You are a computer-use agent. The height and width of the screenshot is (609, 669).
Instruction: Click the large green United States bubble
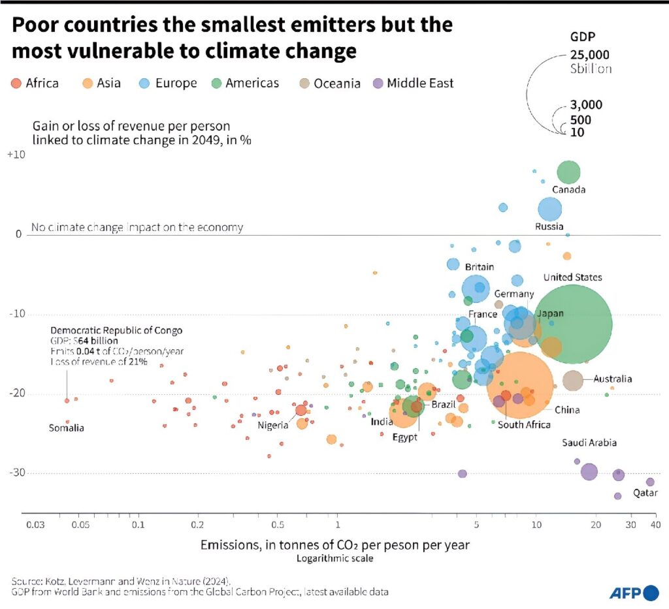tap(572, 324)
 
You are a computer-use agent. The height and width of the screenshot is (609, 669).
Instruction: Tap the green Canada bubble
tap(568, 172)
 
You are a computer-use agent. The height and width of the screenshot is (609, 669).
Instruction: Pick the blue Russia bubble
tap(550, 210)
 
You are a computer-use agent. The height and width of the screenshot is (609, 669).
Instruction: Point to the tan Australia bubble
tap(573, 380)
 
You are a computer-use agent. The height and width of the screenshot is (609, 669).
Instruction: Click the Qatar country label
tap(645, 493)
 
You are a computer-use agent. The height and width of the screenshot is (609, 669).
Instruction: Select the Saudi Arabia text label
tap(589, 443)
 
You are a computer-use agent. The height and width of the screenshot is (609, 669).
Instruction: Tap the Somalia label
tap(67, 428)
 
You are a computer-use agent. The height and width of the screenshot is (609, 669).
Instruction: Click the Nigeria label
tap(273, 426)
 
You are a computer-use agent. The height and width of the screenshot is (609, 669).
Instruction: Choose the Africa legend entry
tap(35, 83)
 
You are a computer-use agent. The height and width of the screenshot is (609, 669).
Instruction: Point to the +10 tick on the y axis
tap(14, 155)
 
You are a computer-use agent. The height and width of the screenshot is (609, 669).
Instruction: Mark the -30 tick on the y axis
tap(14, 473)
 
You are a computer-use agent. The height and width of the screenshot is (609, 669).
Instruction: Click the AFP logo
tap(634, 593)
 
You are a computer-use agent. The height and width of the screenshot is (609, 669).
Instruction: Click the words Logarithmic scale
tap(334, 559)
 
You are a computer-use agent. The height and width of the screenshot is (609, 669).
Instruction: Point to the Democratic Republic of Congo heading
tap(116, 330)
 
